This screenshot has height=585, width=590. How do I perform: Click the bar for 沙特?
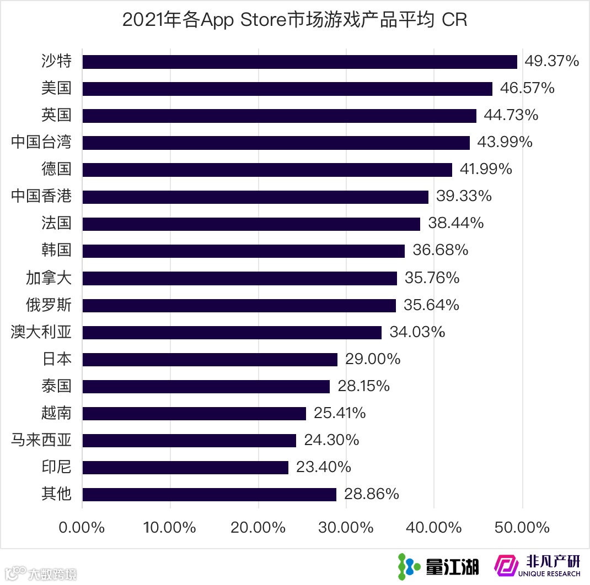click(299, 62)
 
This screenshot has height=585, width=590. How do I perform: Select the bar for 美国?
click(287, 89)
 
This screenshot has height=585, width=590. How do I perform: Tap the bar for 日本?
click(210, 360)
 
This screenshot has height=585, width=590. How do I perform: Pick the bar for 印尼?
click(185, 468)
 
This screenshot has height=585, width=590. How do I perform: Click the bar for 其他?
click(209, 495)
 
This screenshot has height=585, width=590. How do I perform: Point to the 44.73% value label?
click(511, 115)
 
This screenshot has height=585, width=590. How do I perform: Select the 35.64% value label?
click(432, 305)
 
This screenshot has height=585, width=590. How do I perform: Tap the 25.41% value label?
click(340, 413)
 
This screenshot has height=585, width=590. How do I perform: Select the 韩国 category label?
click(56, 250)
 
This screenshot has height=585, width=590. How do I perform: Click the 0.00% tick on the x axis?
click(82, 527)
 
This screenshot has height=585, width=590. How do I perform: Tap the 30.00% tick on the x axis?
click(346, 527)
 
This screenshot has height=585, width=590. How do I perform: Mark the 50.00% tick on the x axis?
click(522, 527)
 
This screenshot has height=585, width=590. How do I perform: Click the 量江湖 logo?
click(439, 565)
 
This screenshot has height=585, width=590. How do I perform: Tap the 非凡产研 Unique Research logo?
click(538, 565)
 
